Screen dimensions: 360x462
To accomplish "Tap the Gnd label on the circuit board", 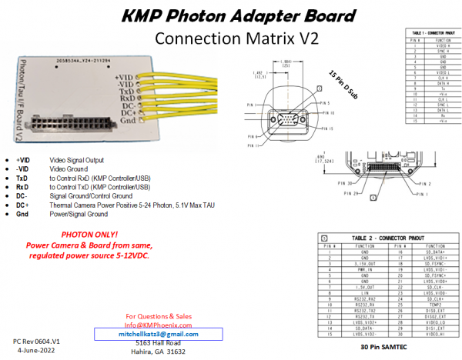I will point(129,122).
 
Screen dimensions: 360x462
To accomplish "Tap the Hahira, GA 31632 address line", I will point(157,352).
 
